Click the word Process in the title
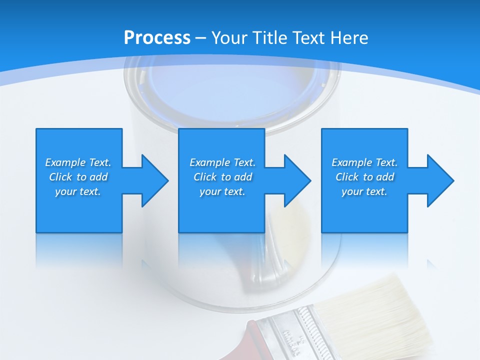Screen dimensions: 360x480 (157, 38)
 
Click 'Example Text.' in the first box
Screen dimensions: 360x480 (78, 162)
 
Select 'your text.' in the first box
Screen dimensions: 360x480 (78, 191)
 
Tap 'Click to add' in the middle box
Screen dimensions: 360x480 (222, 177)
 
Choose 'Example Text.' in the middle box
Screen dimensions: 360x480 (222, 162)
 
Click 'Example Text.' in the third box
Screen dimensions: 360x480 (364, 162)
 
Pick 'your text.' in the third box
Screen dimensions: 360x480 (364, 191)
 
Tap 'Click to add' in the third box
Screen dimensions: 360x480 (364, 177)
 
